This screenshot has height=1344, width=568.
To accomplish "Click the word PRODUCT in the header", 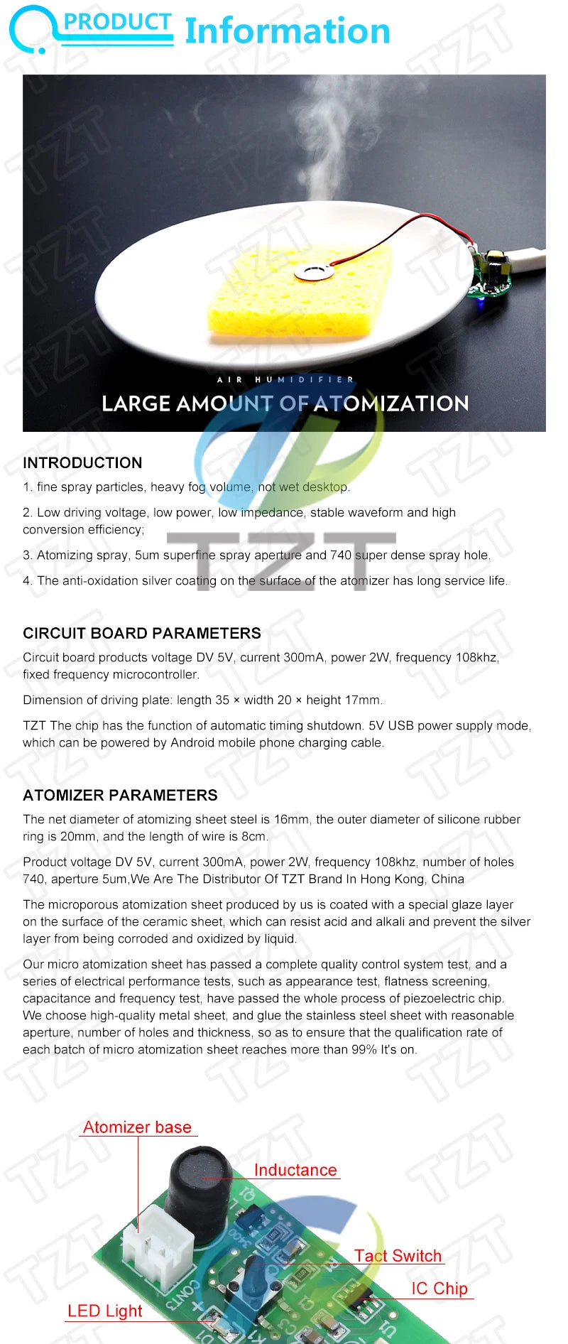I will click(x=117, y=22).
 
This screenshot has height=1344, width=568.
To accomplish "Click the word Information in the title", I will click(x=287, y=32).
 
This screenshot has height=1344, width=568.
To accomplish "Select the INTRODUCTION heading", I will click(x=82, y=462).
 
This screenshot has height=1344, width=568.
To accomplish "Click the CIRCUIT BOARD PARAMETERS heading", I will click(x=142, y=633).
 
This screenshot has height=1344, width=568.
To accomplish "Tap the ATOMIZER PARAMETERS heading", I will click(x=120, y=795).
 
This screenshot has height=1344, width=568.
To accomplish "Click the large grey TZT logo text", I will click(x=280, y=551).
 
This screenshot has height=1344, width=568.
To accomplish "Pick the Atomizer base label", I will click(x=137, y=1127).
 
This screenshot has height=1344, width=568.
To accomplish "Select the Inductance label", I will click(x=295, y=1170).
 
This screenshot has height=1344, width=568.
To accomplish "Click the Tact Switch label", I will click(x=398, y=1256).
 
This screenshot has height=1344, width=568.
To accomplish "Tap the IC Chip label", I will click(x=439, y=1289).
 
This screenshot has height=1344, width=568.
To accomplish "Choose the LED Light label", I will click(x=105, y=1311).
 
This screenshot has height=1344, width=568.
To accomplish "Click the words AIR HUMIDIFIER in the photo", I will click(x=285, y=380).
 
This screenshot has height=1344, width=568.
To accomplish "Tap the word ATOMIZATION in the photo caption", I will click(x=391, y=404).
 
